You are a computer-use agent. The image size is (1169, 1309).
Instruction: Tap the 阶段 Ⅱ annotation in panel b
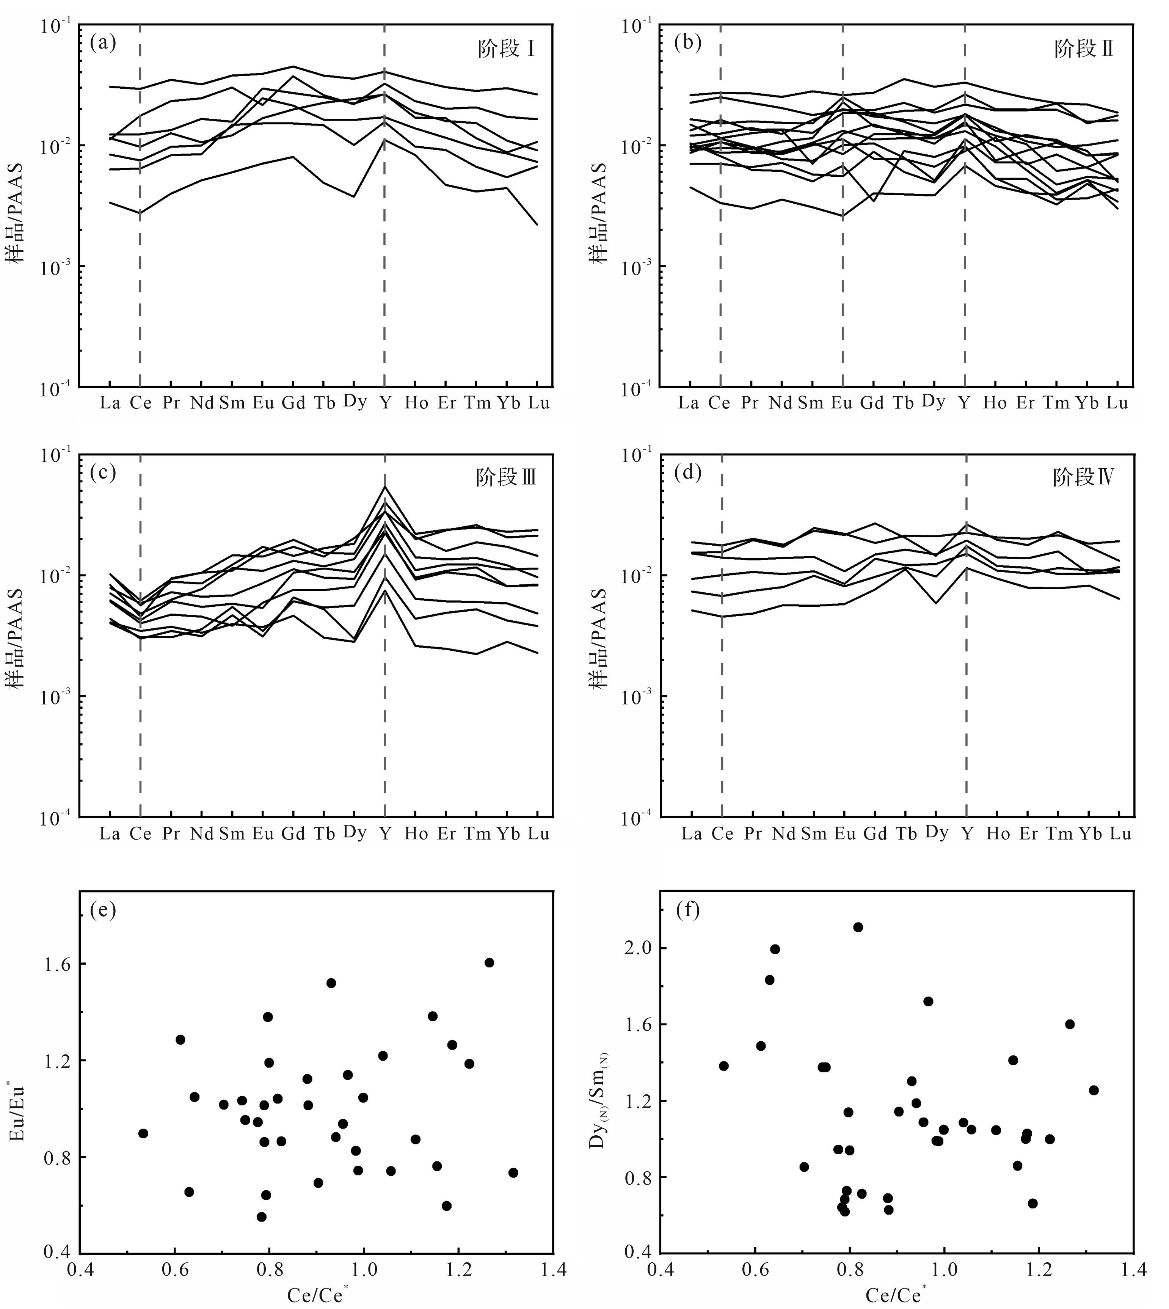pyautogui.click(x=1084, y=49)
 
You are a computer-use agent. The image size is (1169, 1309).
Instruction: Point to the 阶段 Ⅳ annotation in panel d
pyautogui.click(x=1084, y=477)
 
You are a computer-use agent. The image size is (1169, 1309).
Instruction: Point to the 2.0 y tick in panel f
pyautogui.click(x=638, y=948)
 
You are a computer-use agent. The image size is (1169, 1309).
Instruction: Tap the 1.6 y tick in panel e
pyautogui.click(x=56, y=964)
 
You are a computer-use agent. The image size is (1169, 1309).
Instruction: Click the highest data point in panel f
pyautogui.click(x=857, y=927)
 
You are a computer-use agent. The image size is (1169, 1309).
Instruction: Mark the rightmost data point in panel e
pyautogui.click(x=513, y=1173)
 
